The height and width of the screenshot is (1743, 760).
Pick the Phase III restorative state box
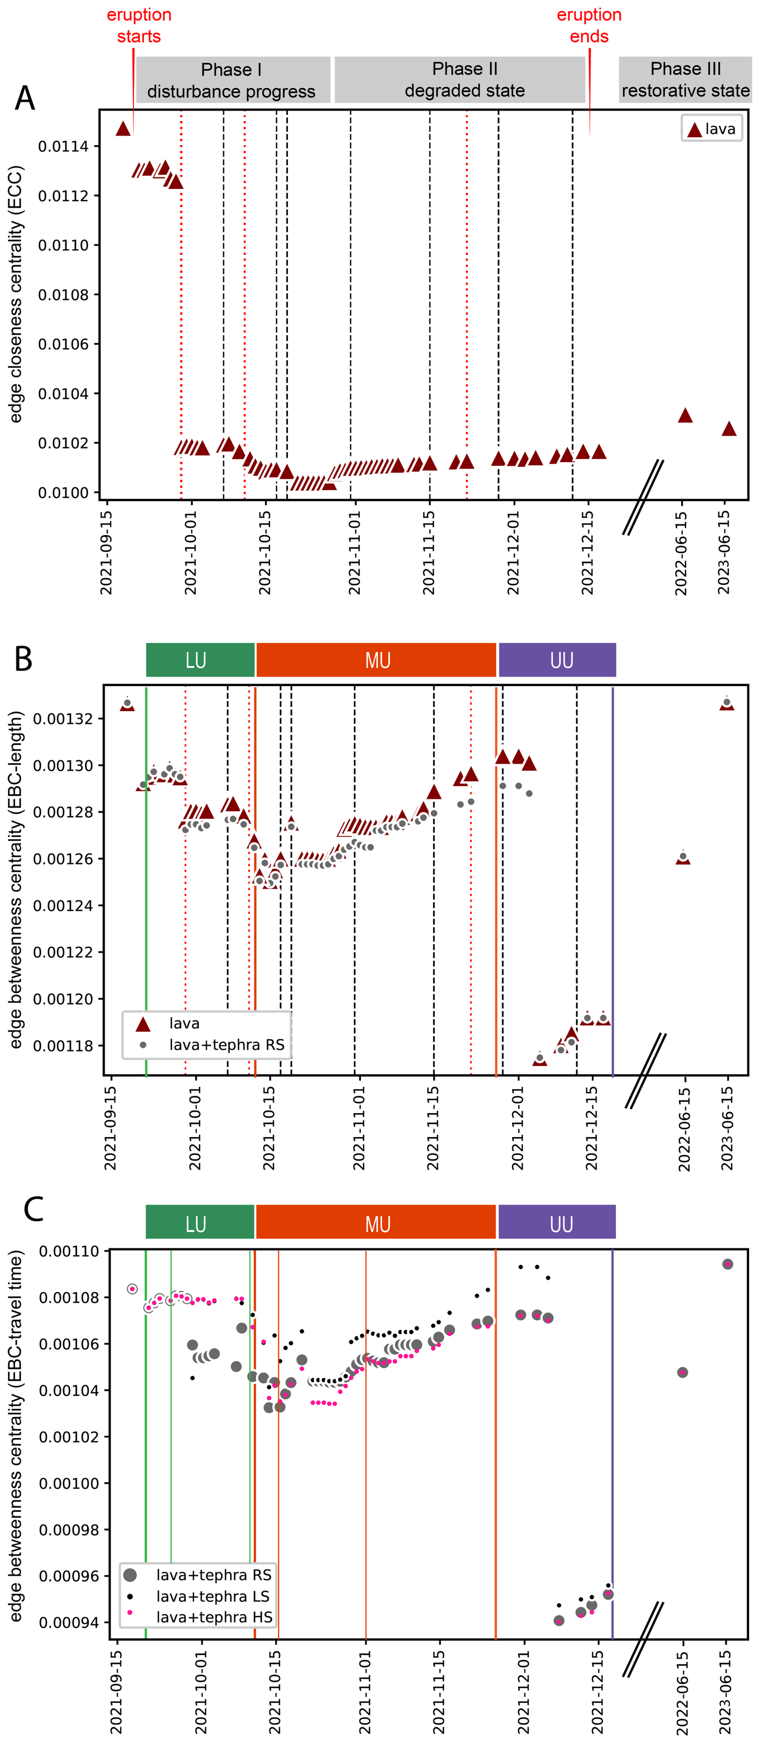click(685, 80)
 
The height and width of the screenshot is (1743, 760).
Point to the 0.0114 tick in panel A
click(63, 147)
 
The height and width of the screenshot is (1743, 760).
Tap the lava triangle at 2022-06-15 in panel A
click(685, 416)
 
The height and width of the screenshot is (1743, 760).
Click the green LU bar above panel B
click(200, 660)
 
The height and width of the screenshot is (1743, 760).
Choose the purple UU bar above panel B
click(557, 660)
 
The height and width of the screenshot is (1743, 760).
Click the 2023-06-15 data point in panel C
click(727, 1264)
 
